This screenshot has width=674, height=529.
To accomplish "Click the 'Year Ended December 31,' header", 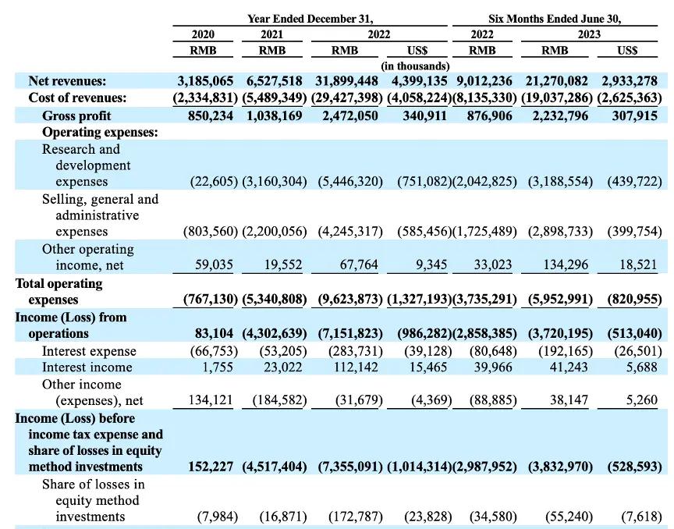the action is [310, 19].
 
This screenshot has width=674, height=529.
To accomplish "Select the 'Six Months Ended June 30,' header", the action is [555, 19].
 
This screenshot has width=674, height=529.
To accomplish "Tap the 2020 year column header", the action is [203, 34].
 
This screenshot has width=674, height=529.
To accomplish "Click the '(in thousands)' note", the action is [415, 66].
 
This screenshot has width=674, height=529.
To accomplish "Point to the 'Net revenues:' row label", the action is [67, 81].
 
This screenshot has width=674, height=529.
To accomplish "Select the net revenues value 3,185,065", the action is [205, 81].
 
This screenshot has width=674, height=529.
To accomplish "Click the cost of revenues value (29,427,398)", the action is [346, 98].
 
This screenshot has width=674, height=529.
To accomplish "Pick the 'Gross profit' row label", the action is [76, 115].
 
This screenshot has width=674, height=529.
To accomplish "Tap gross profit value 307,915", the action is [635, 115].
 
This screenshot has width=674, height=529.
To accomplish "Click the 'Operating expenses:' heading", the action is [100, 133].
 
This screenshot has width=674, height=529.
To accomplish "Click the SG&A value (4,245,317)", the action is [350, 232].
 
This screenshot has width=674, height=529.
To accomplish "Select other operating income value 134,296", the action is [566, 264].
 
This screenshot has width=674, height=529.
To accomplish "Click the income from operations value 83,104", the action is [214, 333].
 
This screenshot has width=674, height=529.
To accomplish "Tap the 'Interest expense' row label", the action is [89, 351].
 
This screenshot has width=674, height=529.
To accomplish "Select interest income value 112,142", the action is [356, 367].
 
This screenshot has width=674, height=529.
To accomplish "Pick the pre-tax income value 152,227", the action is [211, 467].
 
